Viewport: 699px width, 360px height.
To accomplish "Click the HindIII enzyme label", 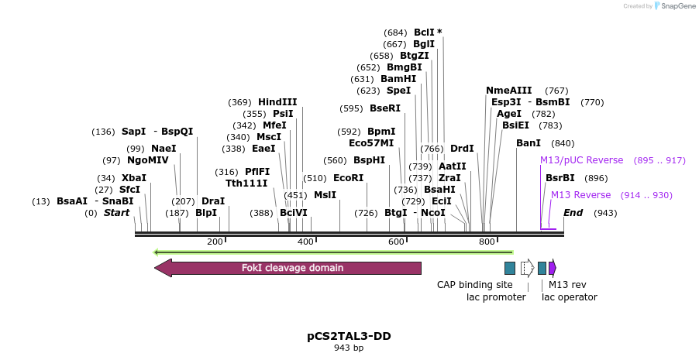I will pyautogui.click(x=277, y=101).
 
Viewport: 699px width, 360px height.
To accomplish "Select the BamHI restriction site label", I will pyautogui.click(x=398, y=78).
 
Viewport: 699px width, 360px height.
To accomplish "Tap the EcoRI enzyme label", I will pyautogui.click(x=348, y=177).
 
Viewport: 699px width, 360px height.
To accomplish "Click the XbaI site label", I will pyautogui.click(x=133, y=177).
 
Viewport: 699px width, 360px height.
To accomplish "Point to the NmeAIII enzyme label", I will pyautogui.click(x=508, y=90).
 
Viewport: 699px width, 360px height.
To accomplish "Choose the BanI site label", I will pyautogui.click(x=529, y=143).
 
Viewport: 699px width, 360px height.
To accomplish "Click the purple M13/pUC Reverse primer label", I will pyautogui.click(x=581, y=160).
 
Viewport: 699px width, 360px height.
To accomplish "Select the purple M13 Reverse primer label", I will pyautogui.click(x=580, y=194).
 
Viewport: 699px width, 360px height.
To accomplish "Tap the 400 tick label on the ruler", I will pyautogui.click(x=305, y=242).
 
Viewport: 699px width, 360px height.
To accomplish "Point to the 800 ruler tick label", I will pyautogui.click(x=487, y=242).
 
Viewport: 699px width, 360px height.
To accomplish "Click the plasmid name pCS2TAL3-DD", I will pyautogui.click(x=349, y=337).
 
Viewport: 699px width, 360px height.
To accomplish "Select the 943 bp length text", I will pyautogui.click(x=349, y=348).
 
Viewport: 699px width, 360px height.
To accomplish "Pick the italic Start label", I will pyautogui.click(x=117, y=212).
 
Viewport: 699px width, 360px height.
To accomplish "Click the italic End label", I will pyautogui.click(x=573, y=212).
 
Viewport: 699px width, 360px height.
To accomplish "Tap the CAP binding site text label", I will pyautogui.click(x=475, y=284).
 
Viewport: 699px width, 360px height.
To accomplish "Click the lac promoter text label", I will pyautogui.click(x=496, y=297).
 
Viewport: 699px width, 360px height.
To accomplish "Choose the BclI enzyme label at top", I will pyautogui.click(x=424, y=32).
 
